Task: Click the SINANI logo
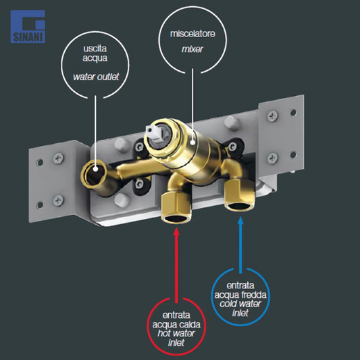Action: [x=28, y=26]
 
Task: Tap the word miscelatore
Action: [x=192, y=34]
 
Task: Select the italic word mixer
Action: [x=192, y=49]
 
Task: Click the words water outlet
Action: [x=96, y=76]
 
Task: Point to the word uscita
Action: [x=95, y=49]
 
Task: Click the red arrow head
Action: [x=176, y=231]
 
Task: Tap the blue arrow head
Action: [x=240, y=221]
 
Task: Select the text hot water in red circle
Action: [x=176, y=333]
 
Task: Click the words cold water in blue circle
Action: [x=240, y=303]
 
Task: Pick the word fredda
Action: [x=255, y=294]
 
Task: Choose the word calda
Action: [x=189, y=324]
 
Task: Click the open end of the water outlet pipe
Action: [x=94, y=174]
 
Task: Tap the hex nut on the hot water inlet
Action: [x=176, y=207]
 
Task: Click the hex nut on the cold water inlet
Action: [x=240, y=195]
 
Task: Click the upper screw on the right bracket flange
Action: [x=273, y=116]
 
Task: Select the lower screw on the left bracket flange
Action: [x=58, y=200]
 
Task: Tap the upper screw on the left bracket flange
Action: [x=59, y=158]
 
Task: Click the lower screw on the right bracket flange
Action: [x=273, y=158]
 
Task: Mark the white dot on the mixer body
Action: [x=192, y=143]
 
